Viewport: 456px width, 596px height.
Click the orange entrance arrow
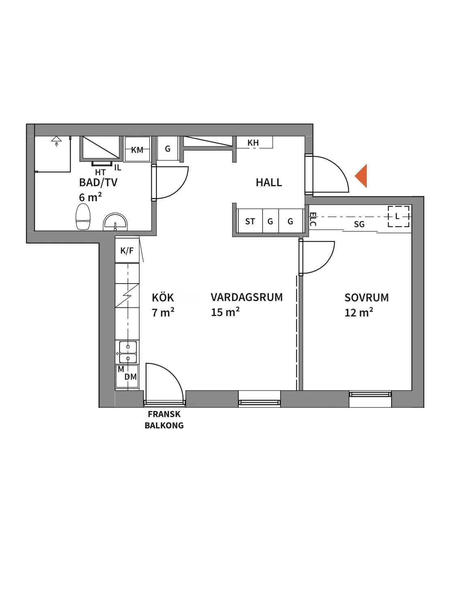point(362,176)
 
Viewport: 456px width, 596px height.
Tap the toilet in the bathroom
point(83,217)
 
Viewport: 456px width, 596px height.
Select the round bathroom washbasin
point(115,222)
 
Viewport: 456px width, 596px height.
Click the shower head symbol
point(56,140)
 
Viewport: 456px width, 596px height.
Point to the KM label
point(137,150)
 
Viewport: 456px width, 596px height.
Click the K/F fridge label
point(127,251)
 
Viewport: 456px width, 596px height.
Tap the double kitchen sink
point(128,353)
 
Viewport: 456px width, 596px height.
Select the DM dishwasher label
point(131,377)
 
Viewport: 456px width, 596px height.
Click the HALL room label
point(269,183)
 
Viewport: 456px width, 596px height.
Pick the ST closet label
point(250,222)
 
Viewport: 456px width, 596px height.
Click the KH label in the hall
point(253,143)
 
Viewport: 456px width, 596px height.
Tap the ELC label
point(313,219)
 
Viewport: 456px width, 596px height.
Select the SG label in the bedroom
point(359,224)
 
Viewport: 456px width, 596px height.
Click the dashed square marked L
point(398,216)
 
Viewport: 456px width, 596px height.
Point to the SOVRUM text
point(366,298)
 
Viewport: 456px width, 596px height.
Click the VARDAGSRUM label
point(246,297)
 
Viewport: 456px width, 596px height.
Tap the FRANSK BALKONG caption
point(164,420)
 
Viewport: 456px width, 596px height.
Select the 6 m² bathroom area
point(90,198)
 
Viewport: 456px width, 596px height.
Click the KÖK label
point(163,298)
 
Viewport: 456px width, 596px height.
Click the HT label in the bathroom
point(100,172)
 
